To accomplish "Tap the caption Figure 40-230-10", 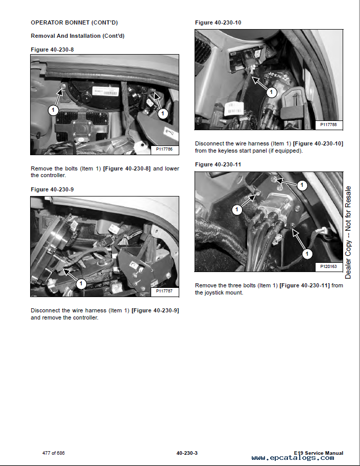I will tap(218, 23).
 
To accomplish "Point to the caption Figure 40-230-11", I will tap(218, 164).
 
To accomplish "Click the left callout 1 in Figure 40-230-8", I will tap(54, 110).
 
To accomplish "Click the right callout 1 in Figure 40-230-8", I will tap(162, 113).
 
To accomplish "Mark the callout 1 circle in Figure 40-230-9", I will tap(80, 283).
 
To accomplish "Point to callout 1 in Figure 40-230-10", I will tap(272, 93).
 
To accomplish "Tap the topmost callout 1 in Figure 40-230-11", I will tap(302, 185).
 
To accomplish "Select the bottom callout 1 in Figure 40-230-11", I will tap(306, 253).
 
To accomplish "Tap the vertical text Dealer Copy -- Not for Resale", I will tap(348, 232).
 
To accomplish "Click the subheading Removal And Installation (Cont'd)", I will tap(77, 36).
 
